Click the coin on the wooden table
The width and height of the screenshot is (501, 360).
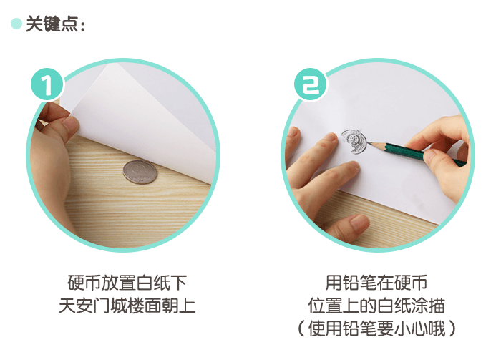139,172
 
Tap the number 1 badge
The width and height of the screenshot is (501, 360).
47,86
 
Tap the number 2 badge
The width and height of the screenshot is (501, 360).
309,86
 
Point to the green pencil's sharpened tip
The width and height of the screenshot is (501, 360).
372,143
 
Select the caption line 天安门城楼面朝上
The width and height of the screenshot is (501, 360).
127,306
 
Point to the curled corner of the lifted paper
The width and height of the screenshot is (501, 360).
107,72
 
